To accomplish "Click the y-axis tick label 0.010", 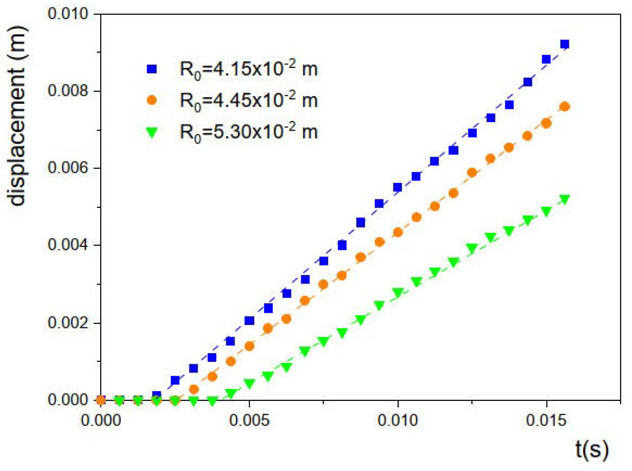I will click(68, 14).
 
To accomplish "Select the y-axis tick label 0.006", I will click(68, 168).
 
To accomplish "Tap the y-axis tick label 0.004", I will click(68, 245).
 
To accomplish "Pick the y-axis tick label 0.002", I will click(68, 322).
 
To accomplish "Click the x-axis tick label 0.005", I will click(249, 420).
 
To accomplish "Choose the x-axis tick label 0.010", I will click(397, 420).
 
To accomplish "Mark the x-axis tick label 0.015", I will click(546, 420).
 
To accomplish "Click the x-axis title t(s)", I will click(592, 450).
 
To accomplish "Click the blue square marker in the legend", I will click(152, 69).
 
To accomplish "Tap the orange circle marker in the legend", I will click(152, 100).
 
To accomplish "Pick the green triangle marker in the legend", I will click(152, 132).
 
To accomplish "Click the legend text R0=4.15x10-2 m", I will click(248, 70).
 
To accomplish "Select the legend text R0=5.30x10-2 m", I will click(248, 132).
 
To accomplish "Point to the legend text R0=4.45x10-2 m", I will click(248, 101).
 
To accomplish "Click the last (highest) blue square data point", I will click(565, 44).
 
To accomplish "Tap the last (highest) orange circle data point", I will click(565, 106).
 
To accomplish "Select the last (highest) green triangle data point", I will click(565, 199).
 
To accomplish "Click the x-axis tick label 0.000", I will click(101, 420).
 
